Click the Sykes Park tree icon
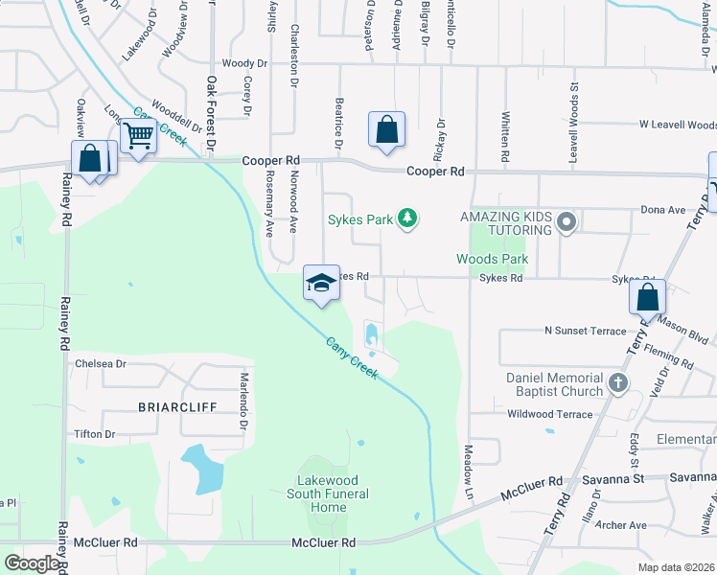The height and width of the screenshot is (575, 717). (408, 219)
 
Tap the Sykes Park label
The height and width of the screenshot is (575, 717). (360, 219)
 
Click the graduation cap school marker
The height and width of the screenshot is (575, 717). (322, 282)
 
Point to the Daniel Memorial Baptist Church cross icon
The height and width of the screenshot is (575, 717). (618, 384)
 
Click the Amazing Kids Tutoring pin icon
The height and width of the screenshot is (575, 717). (567, 222)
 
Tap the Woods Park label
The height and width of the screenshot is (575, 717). (492, 260)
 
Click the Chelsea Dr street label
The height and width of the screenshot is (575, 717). (101, 364)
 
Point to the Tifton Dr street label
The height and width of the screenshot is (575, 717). (94, 434)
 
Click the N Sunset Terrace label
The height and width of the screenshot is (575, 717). (585, 331)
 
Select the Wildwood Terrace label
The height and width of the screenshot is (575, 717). (550, 414)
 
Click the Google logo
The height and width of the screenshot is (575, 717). (32, 563)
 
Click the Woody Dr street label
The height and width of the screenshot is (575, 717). (243, 63)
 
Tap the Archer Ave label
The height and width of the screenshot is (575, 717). (621, 525)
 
